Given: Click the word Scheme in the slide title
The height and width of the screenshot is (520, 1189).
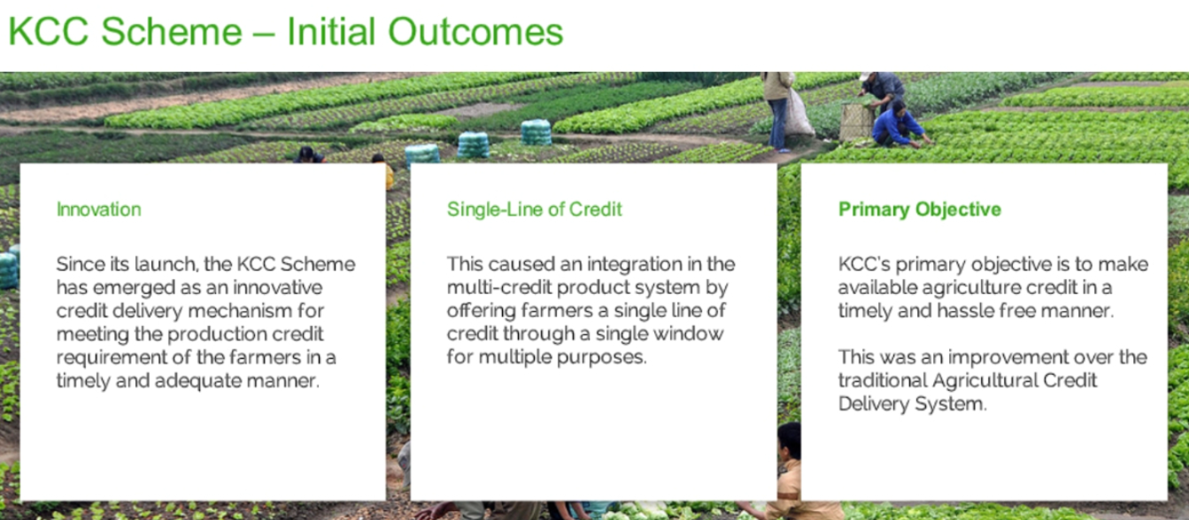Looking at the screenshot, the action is (172, 31).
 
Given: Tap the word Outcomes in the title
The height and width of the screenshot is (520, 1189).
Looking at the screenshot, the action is (475, 31).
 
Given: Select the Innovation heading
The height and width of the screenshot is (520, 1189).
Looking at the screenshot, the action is (99, 209).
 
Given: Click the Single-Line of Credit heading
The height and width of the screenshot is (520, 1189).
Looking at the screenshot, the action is (534, 209).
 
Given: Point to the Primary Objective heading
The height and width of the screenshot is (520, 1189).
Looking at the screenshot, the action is (919, 209).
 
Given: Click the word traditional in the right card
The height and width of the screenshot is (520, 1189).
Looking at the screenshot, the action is (882, 381).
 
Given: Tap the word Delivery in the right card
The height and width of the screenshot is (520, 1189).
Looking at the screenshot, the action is (874, 404).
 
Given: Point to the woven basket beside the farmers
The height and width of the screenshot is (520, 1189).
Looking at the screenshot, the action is (856, 122).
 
